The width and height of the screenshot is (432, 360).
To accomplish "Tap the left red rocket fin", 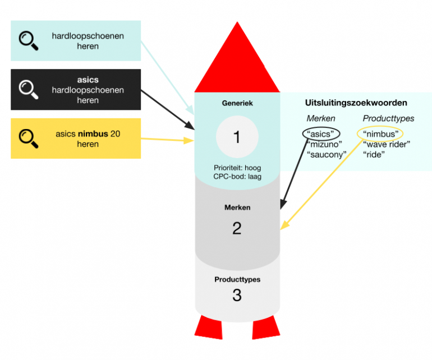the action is click(x=209, y=327).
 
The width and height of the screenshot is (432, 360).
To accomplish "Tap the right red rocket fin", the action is click(x=265, y=327).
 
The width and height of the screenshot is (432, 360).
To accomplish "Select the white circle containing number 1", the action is click(x=237, y=137).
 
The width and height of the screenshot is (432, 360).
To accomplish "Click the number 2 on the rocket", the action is click(x=237, y=228).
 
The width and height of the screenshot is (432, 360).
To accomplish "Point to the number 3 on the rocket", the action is click(x=237, y=295).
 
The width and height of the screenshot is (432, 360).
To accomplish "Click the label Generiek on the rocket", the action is click(x=237, y=103).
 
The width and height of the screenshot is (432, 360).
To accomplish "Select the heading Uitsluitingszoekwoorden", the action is click(x=356, y=103).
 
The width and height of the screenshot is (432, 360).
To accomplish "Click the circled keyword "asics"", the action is click(x=320, y=134).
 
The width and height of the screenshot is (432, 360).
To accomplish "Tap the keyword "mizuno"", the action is click(x=324, y=144).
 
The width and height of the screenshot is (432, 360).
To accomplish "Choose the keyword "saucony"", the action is click(x=327, y=155).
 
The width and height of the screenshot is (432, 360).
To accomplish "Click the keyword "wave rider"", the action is click(x=387, y=144).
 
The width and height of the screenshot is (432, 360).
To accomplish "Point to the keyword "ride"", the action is click(x=374, y=155).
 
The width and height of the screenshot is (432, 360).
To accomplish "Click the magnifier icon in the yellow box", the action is click(x=29, y=139).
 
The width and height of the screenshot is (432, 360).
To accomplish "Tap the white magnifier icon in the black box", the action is click(x=29, y=89).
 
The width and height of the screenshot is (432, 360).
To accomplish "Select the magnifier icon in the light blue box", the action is click(x=29, y=41).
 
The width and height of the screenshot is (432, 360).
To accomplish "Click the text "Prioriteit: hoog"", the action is click(x=237, y=168).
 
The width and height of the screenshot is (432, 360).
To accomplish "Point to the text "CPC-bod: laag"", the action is click(x=237, y=177).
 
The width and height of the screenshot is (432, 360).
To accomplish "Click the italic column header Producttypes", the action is click(x=388, y=118).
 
